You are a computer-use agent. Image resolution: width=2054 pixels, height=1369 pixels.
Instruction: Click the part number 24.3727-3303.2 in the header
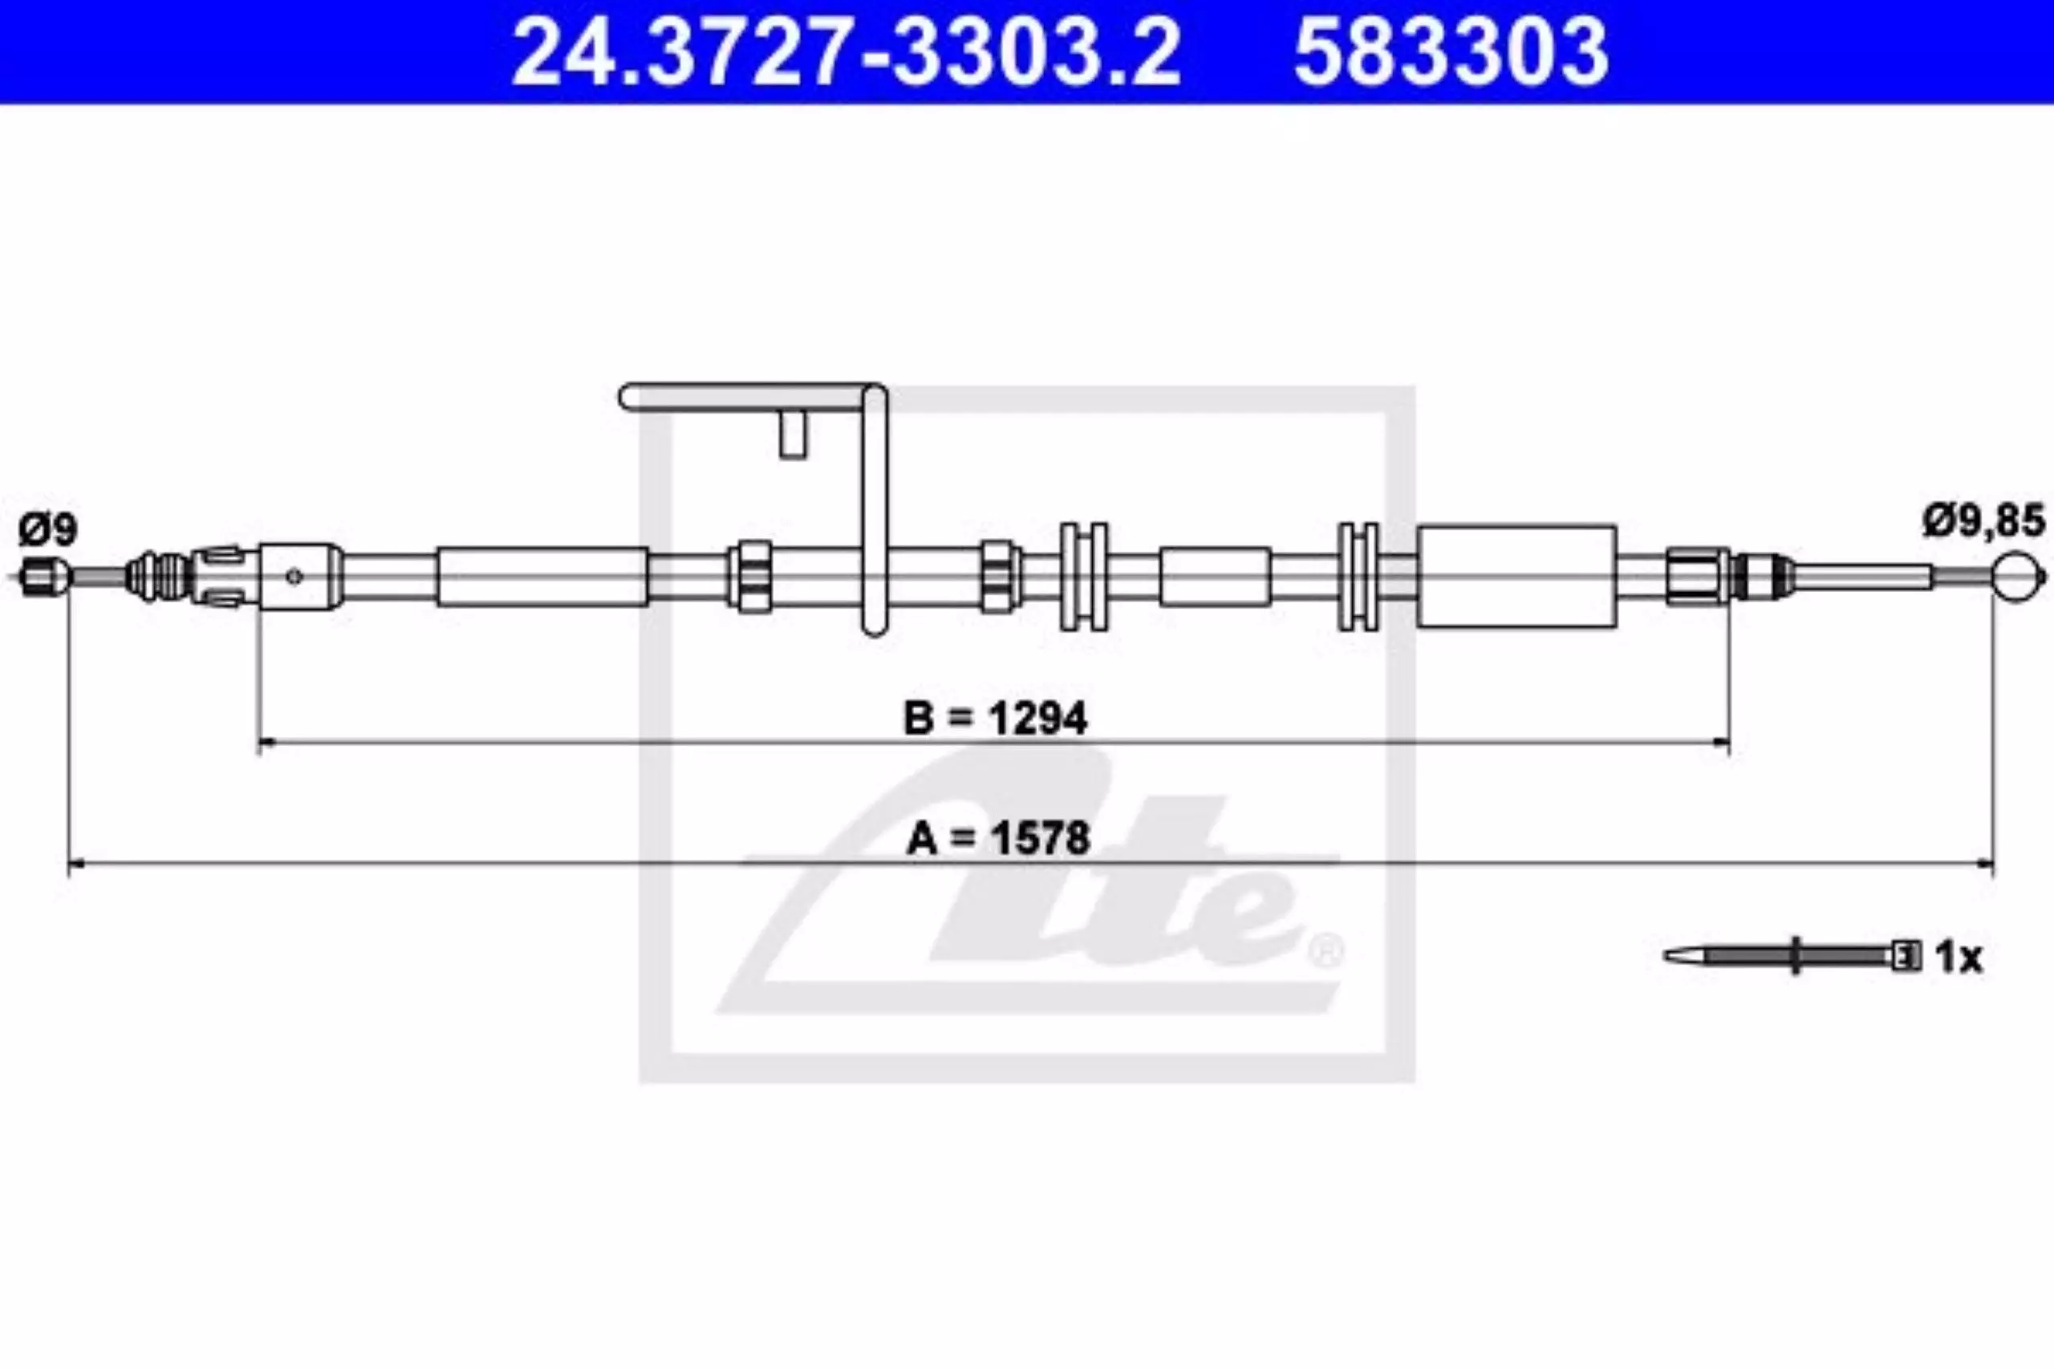(x=846, y=52)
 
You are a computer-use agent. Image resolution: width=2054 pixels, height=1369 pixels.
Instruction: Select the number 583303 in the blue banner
(x=1451, y=52)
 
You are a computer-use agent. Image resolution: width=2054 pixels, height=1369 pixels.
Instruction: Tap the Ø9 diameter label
(x=48, y=530)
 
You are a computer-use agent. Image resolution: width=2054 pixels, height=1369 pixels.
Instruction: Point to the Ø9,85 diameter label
(x=1983, y=521)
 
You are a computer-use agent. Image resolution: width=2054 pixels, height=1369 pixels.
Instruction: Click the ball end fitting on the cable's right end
(x=2020, y=577)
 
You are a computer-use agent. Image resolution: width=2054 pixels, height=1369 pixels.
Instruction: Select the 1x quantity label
(x=1959, y=958)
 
